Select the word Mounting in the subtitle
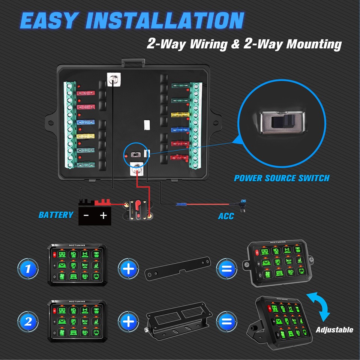314,44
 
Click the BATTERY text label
56,215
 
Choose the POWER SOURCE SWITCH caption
282,178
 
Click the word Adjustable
334,330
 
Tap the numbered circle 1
28,268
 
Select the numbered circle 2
28,322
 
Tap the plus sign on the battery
103,216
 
